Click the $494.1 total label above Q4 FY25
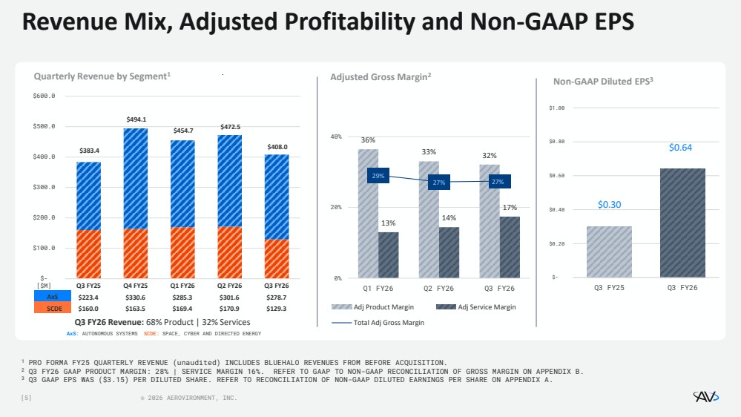[136, 119]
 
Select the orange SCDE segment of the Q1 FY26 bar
[182, 252]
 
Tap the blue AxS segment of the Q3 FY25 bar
[88, 196]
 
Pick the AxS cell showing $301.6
[230, 297]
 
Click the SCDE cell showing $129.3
[277, 308]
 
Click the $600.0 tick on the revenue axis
[45, 96]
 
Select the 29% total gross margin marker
[378, 176]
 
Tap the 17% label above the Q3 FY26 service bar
[510, 208]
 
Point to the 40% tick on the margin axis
[336, 137]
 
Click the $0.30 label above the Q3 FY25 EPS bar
[609, 205]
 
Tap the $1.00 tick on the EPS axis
[557, 108]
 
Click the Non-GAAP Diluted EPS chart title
[603, 82]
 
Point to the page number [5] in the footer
[27, 398]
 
